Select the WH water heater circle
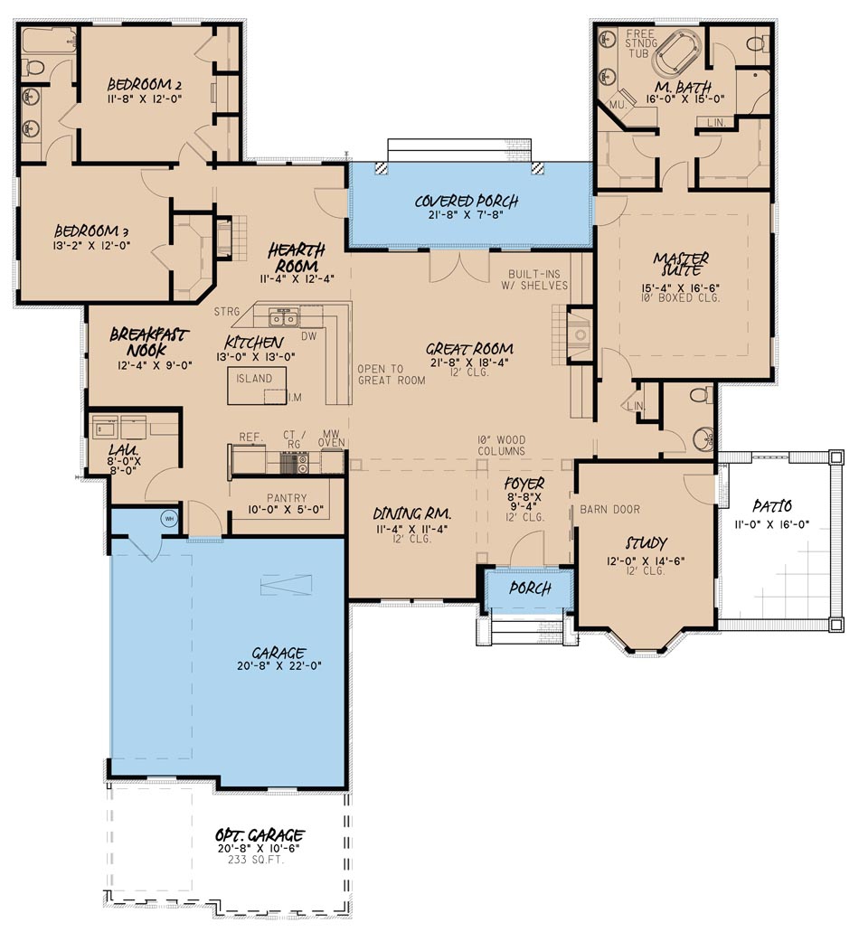168,519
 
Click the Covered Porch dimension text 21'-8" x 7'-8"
467,218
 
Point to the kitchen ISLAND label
254,379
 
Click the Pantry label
286,498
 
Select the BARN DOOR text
609,509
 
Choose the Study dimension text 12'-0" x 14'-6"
646,560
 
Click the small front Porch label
530,588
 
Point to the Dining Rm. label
412,514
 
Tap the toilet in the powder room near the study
698,396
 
